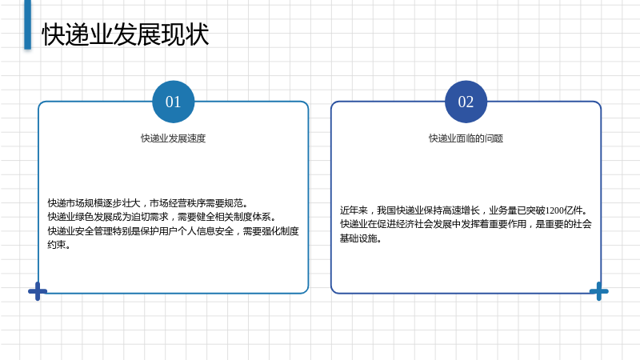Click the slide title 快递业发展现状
(x=126, y=34)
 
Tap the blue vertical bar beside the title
(x=28, y=25)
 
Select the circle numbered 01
(x=173, y=102)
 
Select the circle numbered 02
(x=466, y=102)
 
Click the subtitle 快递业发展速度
(x=173, y=138)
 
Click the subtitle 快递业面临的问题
(x=466, y=138)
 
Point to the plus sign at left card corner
(x=38, y=291)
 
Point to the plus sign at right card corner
(x=598, y=291)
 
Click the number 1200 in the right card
(x=554, y=210)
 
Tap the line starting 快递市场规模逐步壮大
(x=148, y=203)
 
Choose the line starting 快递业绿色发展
(x=162, y=217)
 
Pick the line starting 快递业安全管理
(x=173, y=231)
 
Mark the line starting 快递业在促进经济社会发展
(x=466, y=224)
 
